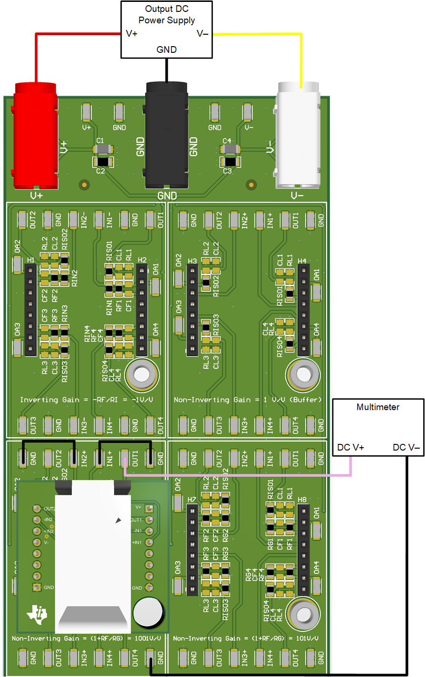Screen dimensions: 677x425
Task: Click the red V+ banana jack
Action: tap(36, 136)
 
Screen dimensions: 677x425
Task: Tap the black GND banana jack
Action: tap(166, 136)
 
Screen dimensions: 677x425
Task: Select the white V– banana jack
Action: tap(298, 136)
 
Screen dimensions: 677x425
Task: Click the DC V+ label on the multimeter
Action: tap(350, 448)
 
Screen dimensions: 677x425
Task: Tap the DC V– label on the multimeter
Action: tap(406, 448)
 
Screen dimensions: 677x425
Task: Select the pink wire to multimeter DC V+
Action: tap(238, 474)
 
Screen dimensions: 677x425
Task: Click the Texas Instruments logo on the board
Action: tap(38, 614)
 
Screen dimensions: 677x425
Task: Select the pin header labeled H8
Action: tap(303, 550)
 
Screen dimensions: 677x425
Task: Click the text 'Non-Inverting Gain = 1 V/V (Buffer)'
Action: tap(248, 400)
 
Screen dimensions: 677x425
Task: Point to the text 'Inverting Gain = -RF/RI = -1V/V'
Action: tap(86, 400)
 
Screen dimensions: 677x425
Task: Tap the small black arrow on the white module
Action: tap(118, 520)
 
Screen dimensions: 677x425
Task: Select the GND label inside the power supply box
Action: tap(166, 49)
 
